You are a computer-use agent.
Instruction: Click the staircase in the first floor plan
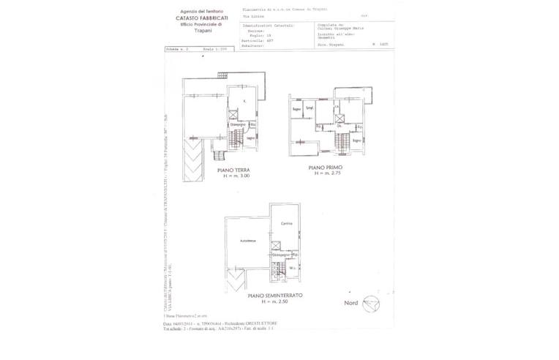point(342,140)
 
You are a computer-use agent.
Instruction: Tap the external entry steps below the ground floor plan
point(217,154)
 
